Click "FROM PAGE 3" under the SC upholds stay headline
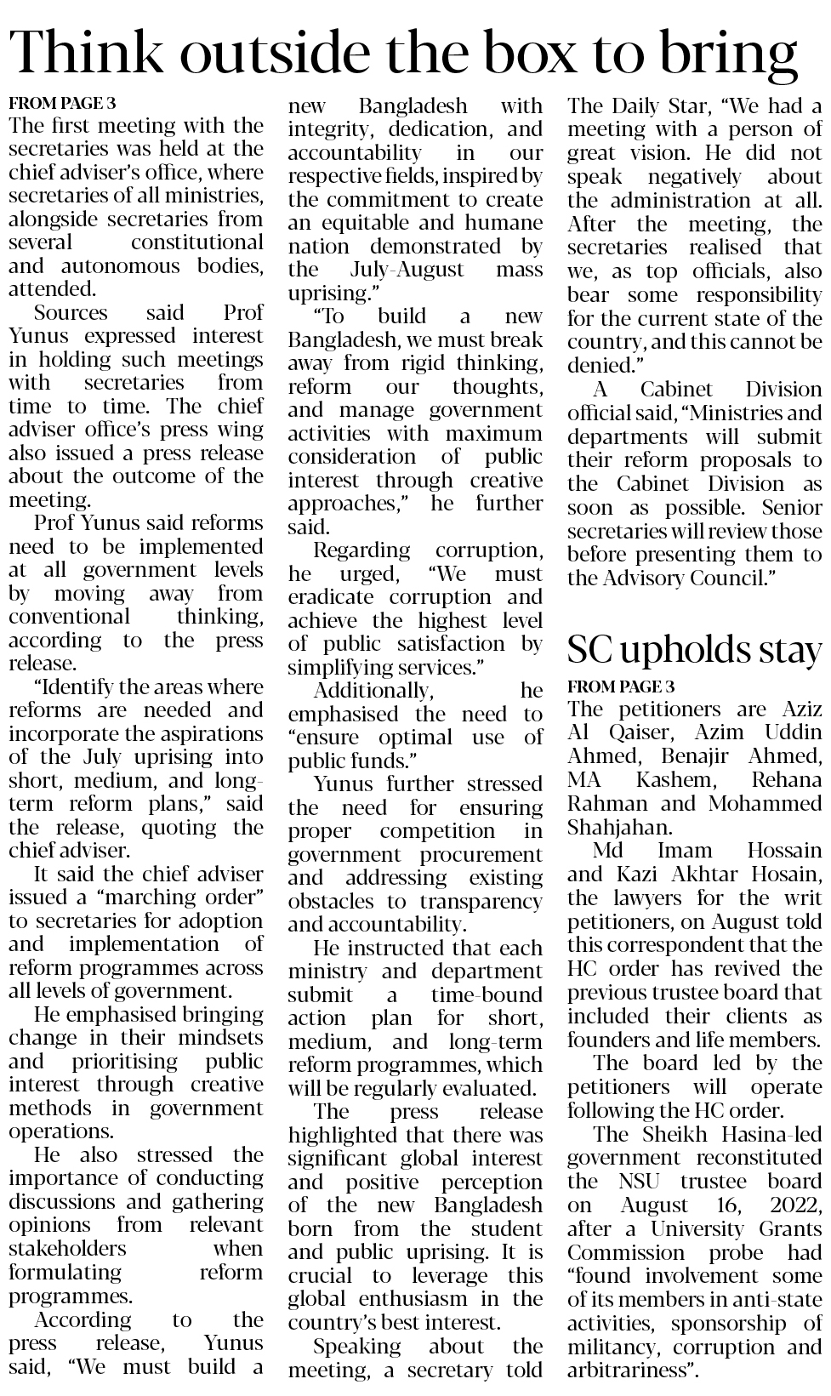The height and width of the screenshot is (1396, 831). coord(621,686)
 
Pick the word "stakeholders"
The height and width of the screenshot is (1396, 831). coord(68,1249)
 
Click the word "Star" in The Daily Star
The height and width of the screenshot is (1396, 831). coord(682,106)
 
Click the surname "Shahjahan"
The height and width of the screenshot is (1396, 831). coord(620,827)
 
